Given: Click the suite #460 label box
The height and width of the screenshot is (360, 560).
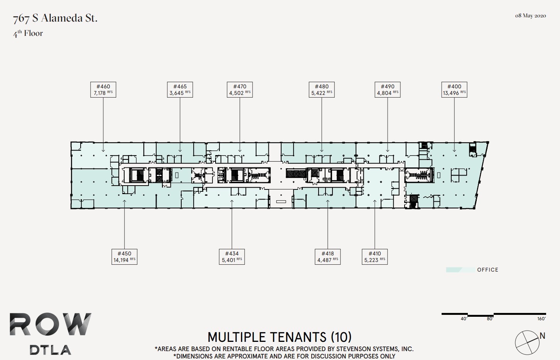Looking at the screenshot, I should [103, 90].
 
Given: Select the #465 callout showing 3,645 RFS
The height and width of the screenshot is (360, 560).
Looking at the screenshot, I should [180, 90].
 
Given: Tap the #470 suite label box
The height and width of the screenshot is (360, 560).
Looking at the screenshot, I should [240, 90].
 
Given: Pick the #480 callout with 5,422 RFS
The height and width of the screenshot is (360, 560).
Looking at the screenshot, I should [322, 90].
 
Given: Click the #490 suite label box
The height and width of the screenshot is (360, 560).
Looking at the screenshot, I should [388, 90].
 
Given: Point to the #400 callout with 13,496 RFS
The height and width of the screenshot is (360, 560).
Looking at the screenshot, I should [454, 90].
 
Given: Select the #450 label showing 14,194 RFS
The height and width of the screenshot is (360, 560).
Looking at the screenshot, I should [124, 257].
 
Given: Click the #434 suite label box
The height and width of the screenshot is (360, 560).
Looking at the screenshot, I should [232, 257].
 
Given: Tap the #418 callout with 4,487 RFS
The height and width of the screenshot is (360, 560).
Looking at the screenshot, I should [327, 257].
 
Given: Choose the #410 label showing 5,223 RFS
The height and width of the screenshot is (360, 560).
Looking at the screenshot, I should [374, 257].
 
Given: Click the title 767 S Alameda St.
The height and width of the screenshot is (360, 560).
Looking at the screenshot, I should [55, 18].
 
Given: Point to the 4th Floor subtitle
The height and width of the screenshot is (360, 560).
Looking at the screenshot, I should [28, 34].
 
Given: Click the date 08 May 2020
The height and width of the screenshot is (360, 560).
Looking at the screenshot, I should [530, 16].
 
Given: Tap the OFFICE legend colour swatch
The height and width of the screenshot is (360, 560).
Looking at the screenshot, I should [460, 270].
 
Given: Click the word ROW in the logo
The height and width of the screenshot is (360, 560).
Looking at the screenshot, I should [51, 325].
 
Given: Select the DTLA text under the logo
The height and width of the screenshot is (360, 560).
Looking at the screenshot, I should [51, 350].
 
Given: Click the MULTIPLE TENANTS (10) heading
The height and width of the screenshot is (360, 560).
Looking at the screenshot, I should [280, 337].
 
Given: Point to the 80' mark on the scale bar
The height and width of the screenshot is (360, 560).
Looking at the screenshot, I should [489, 319].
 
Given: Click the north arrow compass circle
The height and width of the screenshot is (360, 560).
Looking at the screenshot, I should [527, 342].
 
